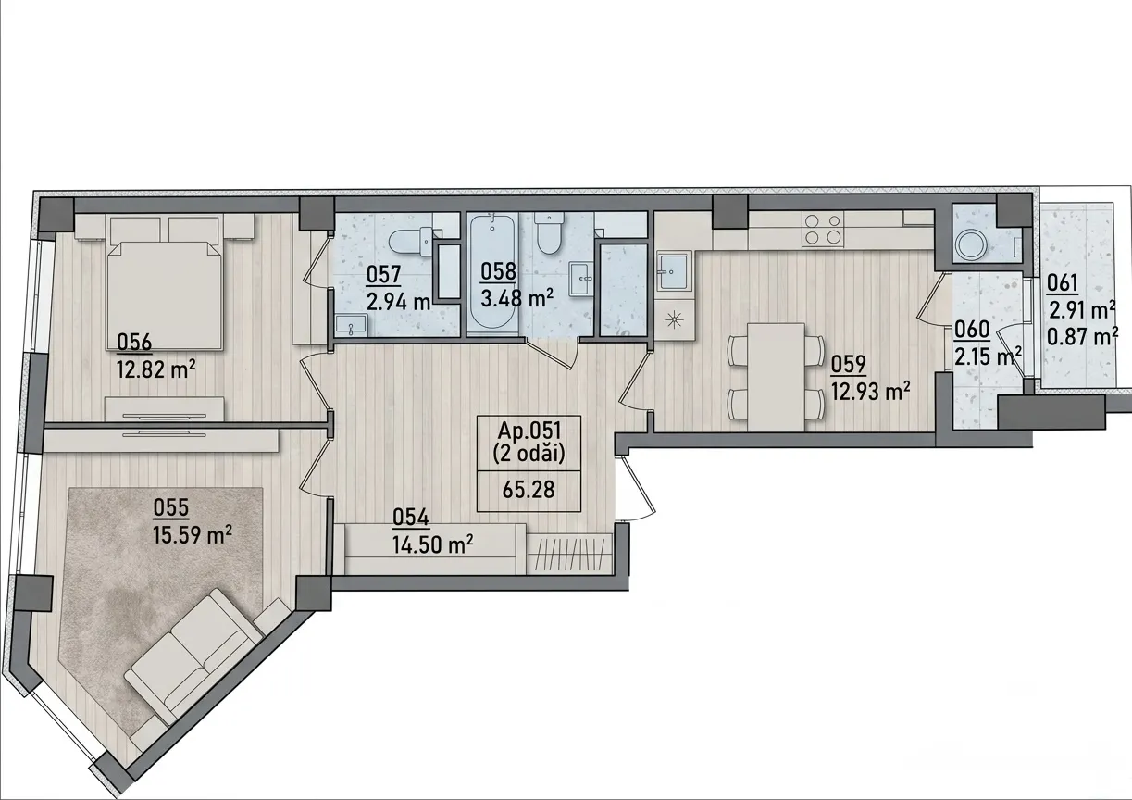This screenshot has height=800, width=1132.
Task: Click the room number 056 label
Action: (x=134, y=343)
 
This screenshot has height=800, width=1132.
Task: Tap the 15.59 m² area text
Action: (x=193, y=534)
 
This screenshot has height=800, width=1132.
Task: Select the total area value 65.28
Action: (x=529, y=490)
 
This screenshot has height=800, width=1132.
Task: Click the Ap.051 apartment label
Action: (x=529, y=431)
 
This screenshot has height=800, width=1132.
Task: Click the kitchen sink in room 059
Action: (x=673, y=272)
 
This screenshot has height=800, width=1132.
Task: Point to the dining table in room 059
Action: (x=776, y=377)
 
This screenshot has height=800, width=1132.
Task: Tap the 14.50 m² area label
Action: (x=433, y=545)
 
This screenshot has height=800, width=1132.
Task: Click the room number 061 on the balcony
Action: (x=1063, y=283)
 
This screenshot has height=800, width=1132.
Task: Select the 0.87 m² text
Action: (x=1081, y=337)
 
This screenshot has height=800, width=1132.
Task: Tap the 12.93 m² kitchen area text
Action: (x=871, y=391)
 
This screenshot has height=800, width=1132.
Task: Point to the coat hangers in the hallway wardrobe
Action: (x=569, y=555)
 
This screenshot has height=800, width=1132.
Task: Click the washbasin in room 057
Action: (x=352, y=325)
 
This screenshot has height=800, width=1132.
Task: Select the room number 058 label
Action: (x=498, y=271)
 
